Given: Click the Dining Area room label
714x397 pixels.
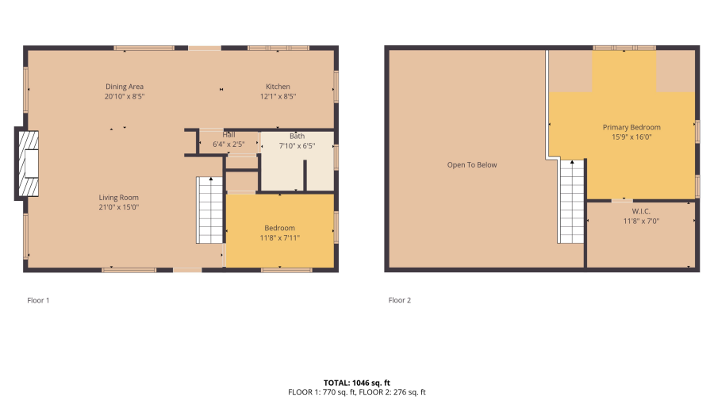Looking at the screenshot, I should [125, 87].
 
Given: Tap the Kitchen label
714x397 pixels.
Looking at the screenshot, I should [278, 87].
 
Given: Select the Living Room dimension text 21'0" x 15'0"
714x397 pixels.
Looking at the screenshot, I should [118, 207].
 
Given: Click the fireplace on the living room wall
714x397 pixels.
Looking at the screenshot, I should [29, 164].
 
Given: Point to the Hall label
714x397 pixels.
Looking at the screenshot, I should [228, 135].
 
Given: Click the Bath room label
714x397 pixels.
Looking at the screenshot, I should [297, 137].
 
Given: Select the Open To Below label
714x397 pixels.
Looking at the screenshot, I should [472, 165].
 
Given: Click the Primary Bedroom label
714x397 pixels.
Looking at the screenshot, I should [631, 127].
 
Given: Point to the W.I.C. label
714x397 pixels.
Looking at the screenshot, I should [641, 211].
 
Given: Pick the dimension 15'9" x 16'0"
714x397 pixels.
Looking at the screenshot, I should [631, 137].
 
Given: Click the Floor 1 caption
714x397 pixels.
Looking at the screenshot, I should [38, 300].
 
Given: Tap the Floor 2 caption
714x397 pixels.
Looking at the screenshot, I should [400, 300].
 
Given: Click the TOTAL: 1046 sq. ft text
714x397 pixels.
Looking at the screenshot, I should [357, 383].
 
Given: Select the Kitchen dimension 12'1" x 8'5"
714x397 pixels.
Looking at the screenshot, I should [278, 96].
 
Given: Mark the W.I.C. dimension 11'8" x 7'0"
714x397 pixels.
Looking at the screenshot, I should [641, 221].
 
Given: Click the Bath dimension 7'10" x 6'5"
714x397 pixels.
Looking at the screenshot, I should [297, 146].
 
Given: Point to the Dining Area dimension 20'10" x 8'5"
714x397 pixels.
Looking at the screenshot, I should [125, 96].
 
